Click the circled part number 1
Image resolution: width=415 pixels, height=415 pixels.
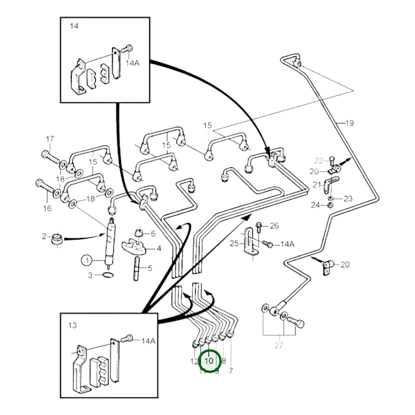87,261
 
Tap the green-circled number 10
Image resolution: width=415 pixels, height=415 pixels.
209,361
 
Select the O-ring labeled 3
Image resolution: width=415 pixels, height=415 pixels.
108,275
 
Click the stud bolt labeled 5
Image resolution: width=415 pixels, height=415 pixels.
137,269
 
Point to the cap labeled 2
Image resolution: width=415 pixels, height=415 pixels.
57,238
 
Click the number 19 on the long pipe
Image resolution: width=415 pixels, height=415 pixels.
349,123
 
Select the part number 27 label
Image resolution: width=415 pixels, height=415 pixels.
279,345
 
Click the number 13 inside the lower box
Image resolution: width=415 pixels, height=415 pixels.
73,325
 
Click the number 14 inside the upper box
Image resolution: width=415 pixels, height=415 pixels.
74,26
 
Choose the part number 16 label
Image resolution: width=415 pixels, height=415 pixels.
47,208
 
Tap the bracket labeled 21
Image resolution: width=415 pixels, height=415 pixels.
330,184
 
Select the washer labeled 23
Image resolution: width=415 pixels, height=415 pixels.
331,198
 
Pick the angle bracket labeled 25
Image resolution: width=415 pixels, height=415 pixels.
250,241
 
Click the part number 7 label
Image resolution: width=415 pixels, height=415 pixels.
231,370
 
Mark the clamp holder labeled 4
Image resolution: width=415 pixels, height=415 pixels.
134,247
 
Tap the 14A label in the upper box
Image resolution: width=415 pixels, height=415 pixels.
132,63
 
